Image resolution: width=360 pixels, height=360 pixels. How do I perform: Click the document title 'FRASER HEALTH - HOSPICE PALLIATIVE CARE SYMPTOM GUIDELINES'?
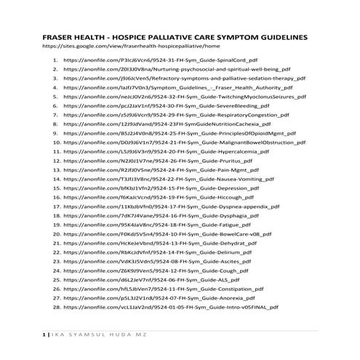pos(175,36)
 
